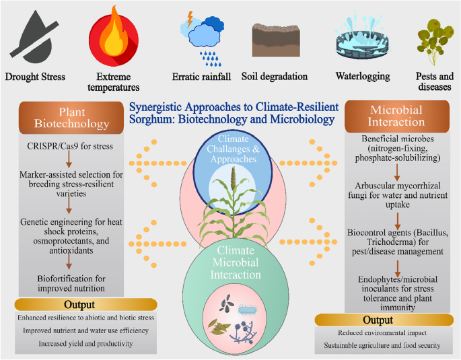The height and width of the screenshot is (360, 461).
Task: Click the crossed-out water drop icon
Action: (35, 36)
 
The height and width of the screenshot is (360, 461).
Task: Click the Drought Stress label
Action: (35, 77)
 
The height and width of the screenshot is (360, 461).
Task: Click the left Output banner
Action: (70, 304)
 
